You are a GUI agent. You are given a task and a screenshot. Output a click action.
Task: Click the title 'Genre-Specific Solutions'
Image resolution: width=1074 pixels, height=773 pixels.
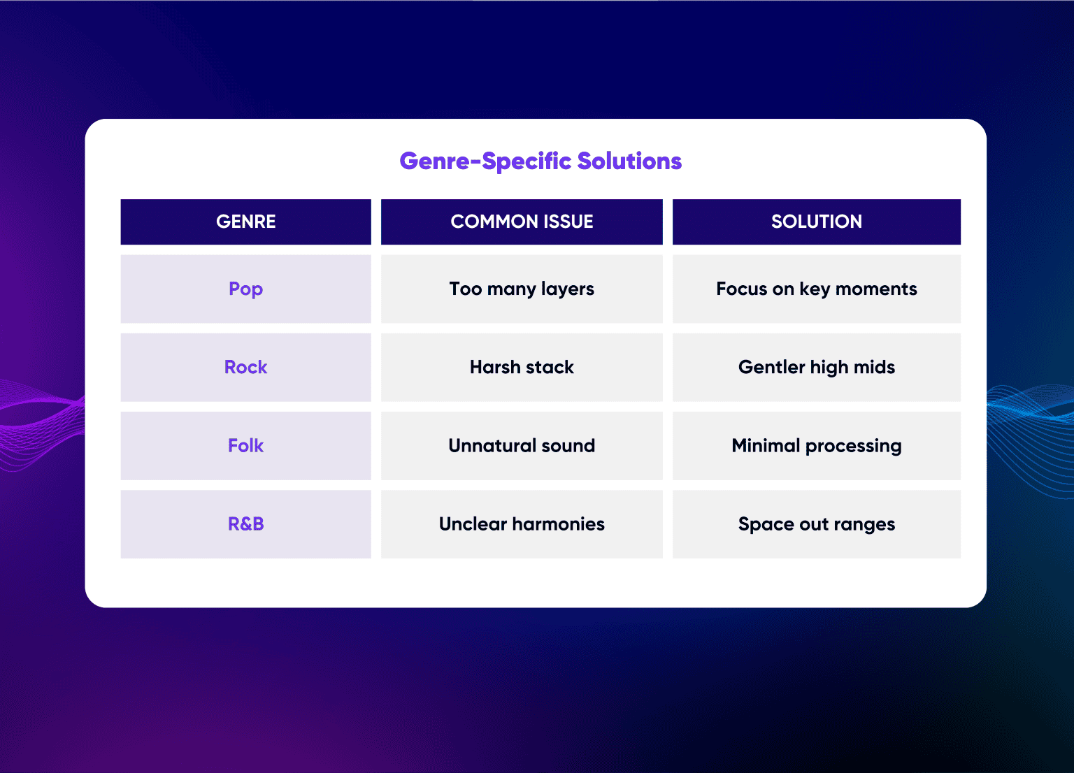click(x=540, y=161)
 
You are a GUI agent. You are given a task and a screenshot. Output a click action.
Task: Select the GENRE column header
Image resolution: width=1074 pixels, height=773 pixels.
click(x=245, y=222)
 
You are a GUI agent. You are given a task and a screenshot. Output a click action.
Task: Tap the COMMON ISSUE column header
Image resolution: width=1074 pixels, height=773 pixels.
click(x=522, y=222)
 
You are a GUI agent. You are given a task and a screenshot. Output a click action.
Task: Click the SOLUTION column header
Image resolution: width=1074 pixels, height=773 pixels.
click(x=817, y=222)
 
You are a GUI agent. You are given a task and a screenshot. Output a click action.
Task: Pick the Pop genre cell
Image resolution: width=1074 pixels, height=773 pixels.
click(x=245, y=289)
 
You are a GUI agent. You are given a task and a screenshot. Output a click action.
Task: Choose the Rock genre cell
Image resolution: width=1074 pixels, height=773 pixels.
click(x=245, y=367)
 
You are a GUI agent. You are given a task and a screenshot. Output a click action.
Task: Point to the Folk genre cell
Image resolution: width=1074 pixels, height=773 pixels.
click(x=245, y=446)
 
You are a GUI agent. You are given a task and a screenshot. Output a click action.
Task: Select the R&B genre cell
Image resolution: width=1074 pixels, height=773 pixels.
click(x=245, y=524)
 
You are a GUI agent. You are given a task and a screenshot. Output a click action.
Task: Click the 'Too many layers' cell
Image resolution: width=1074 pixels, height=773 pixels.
click(x=522, y=289)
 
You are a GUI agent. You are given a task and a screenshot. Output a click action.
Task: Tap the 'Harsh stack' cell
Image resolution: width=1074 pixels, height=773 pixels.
click(x=522, y=367)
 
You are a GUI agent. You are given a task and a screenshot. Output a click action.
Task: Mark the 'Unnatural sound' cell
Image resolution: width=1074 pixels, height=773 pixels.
click(x=522, y=446)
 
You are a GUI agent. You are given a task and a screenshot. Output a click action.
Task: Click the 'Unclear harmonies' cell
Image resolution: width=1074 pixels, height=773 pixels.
click(x=522, y=524)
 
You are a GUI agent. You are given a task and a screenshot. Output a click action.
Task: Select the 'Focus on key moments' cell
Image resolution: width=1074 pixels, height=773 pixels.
click(x=817, y=289)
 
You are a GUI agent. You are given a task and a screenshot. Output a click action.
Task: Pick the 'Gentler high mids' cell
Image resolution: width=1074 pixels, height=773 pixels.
click(x=817, y=367)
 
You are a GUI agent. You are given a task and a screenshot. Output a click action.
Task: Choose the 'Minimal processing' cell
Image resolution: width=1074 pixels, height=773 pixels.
click(x=817, y=446)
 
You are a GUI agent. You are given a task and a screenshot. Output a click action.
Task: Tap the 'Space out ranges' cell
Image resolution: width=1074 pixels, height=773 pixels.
click(x=817, y=524)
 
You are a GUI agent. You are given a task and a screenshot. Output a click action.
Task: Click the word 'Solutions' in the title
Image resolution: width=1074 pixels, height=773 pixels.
click(x=629, y=161)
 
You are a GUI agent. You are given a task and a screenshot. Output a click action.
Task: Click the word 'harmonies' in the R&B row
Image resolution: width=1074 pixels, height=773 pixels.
click(x=558, y=523)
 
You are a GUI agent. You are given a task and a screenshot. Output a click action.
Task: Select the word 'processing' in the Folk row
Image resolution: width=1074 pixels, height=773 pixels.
click(x=854, y=447)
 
